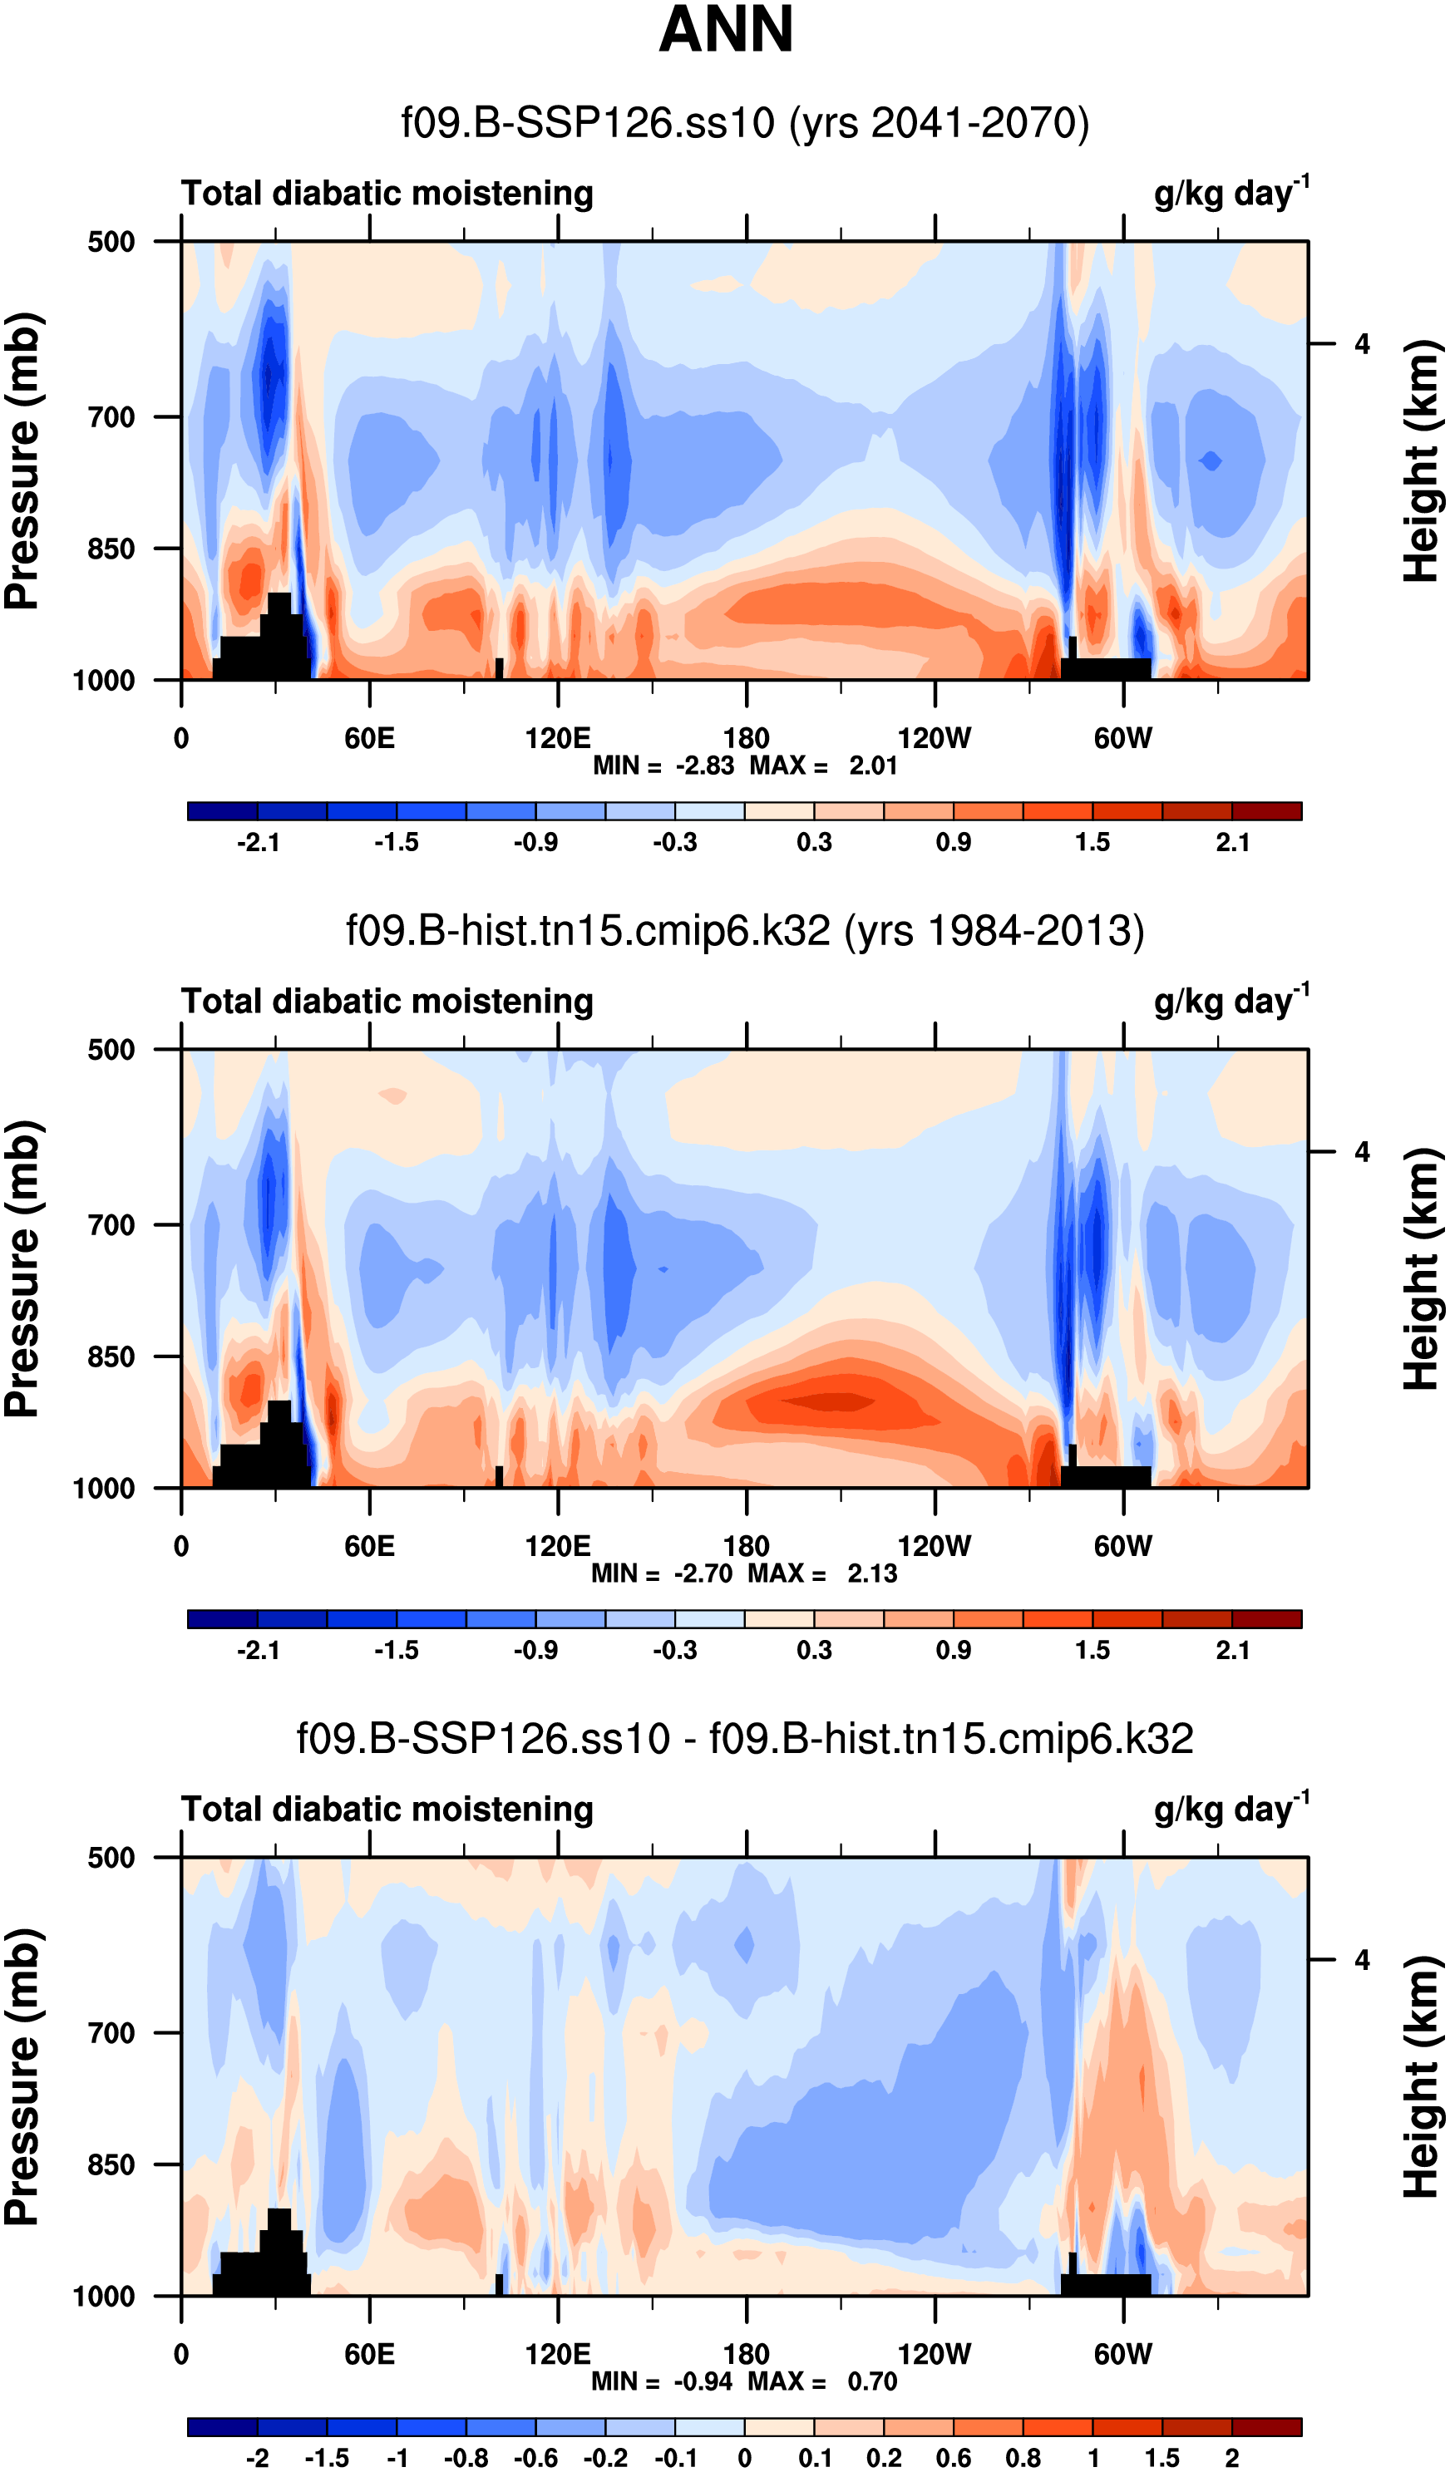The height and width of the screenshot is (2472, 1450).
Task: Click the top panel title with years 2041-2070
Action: coord(745,124)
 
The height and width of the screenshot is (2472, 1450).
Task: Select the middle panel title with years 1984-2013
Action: coord(745,931)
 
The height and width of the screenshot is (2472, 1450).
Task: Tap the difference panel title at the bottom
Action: coord(745,1738)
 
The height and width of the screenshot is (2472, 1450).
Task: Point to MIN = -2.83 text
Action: coord(663,766)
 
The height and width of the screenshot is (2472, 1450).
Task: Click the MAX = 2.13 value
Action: coord(822,1573)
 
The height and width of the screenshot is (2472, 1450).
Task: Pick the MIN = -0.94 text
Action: coord(661,2381)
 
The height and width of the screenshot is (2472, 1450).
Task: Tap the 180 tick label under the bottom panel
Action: coord(746,2354)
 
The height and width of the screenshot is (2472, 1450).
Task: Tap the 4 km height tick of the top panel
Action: coord(1362,344)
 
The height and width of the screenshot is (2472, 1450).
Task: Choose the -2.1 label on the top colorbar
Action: coord(258,843)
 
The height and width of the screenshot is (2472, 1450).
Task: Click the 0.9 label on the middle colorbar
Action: coord(954,1650)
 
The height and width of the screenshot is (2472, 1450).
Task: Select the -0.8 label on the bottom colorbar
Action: coord(465,2457)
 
